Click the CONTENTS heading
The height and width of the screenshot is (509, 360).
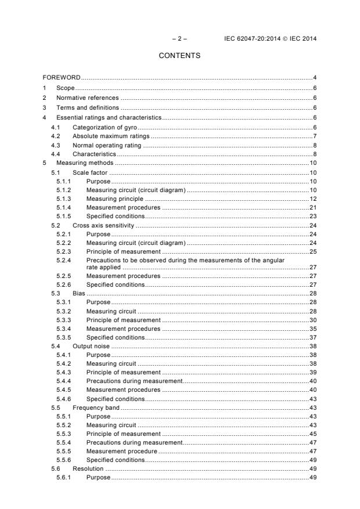tap(179, 56)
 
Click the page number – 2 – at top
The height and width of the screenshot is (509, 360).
tap(179, 39)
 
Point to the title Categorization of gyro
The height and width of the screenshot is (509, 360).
tap(104, 127)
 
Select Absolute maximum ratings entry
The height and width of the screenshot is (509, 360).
tap(110, 136)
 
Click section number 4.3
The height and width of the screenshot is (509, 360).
tap(56, 145)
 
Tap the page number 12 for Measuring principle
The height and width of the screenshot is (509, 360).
tap(312, 198)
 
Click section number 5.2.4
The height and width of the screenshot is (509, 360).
tap(64, 261)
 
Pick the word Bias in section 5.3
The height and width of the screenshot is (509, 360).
tap(78, 294)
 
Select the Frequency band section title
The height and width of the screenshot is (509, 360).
tap(96, 407)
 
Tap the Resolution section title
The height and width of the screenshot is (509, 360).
tap(88, 468)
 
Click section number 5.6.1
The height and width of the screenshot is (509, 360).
tap(64, 477)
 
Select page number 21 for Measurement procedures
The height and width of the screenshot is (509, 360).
tap(312, 207)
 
